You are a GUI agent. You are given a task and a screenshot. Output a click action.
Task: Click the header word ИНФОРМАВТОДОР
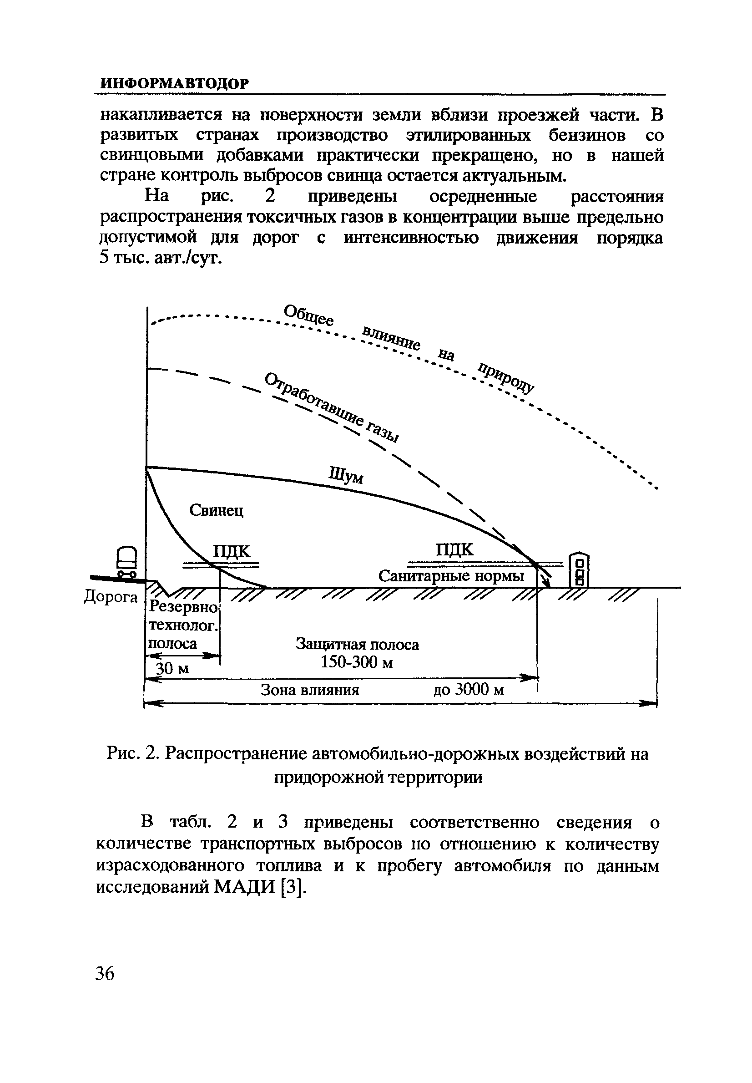coord(174,83)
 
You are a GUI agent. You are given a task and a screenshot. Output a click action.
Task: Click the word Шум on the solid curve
coord(346,475)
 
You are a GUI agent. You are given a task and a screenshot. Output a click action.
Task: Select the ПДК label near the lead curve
coord(232,551)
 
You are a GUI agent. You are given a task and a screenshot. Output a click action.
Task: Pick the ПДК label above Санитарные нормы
coord(454,550)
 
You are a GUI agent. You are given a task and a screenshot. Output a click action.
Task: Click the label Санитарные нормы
coord(451,576)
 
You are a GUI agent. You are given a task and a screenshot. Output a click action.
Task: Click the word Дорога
coord(111,597)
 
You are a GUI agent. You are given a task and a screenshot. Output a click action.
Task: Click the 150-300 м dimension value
coord(357,662)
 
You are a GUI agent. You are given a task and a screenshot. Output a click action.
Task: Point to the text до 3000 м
coord(469,690)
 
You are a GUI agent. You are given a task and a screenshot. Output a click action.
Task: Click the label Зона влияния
coord(310,690)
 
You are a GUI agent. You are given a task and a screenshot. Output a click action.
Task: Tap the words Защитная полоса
coord(357,644)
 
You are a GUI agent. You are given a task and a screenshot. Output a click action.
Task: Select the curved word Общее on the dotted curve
coord(308,315)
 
